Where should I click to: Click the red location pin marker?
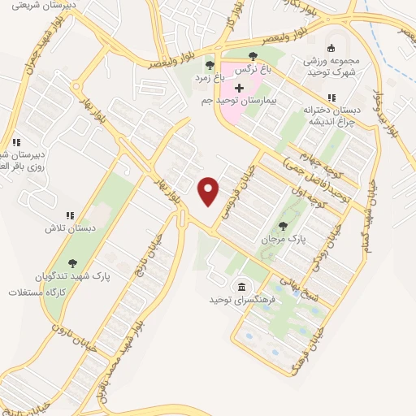(209, 191)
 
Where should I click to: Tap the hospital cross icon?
(239, 87)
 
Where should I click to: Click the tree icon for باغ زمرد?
(210, 65)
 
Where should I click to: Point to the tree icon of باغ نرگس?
(253, 56)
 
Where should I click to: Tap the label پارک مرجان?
(280, 240)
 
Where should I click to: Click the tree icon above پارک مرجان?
(283, 226)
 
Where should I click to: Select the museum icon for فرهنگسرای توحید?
(241, 286)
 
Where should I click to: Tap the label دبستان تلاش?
(70, 228)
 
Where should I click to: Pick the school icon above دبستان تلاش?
(70, 215)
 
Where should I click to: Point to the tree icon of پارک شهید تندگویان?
(73, 262)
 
